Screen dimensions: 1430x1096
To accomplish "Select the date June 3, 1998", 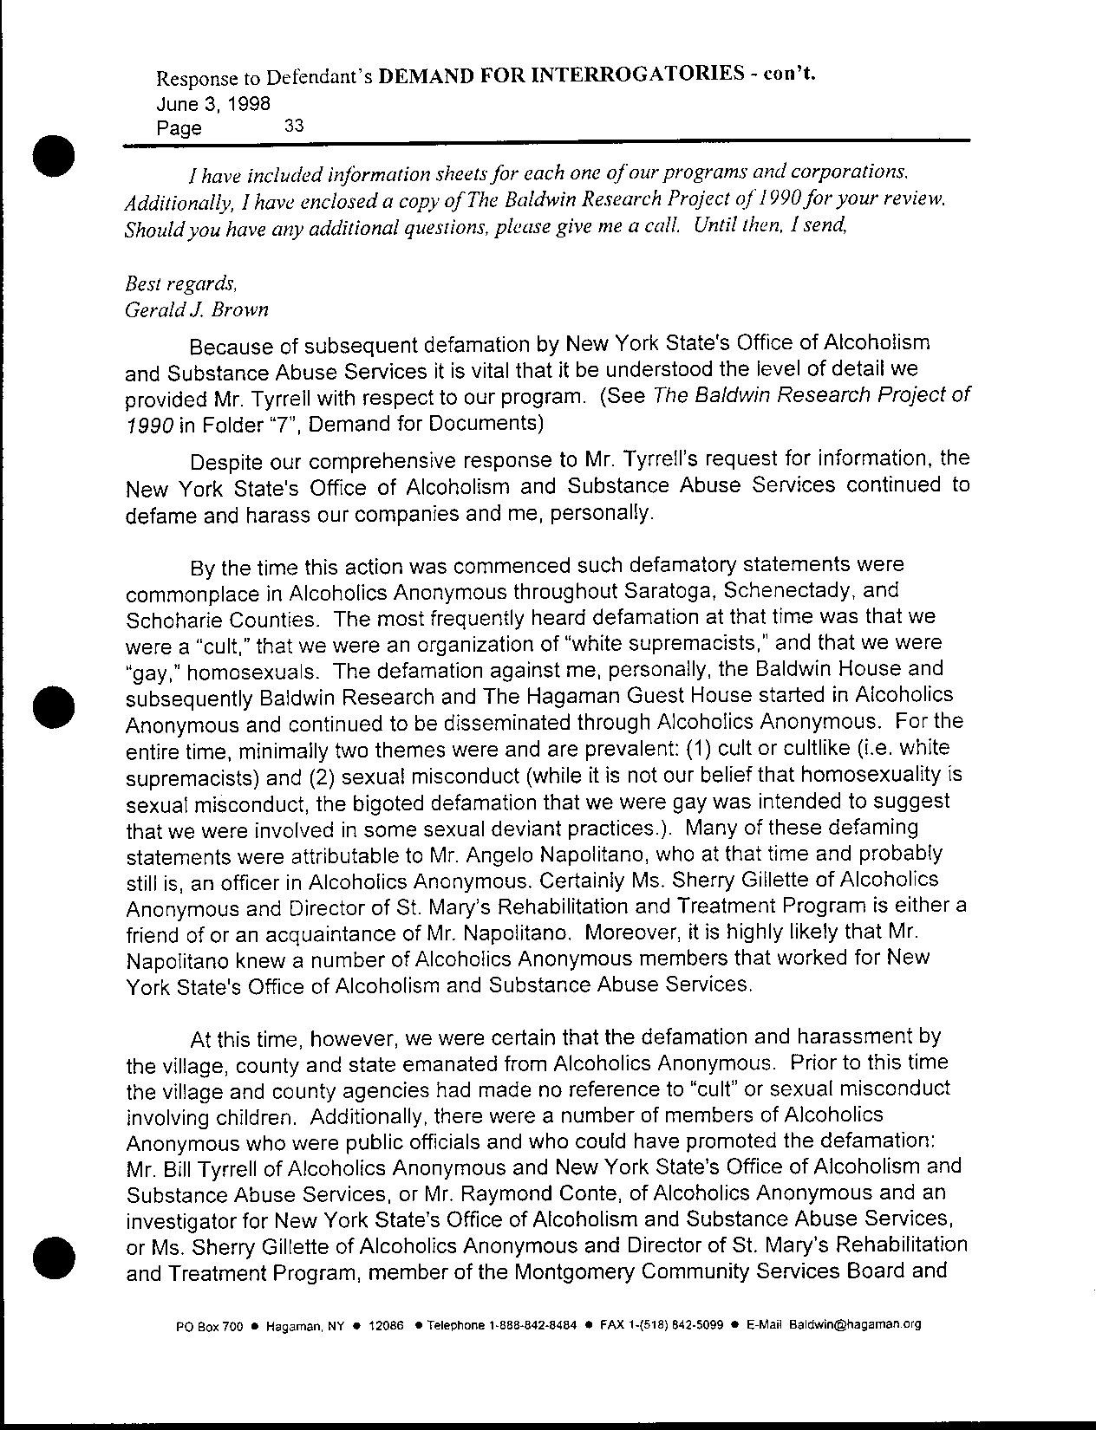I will click(212, 102).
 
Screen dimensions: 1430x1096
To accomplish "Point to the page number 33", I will click(294, 126).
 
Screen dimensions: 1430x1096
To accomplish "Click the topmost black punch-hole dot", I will click(55, 156).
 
